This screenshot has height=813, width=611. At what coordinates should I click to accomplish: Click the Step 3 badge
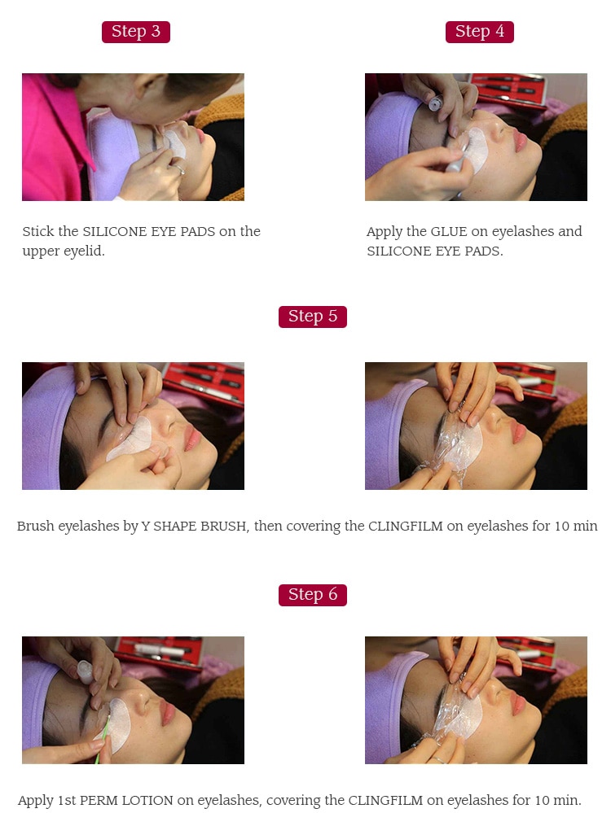pyautogui.click(x=135, y=32)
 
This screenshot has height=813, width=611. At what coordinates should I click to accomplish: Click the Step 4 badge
pyautogui.click(x=479, y=32)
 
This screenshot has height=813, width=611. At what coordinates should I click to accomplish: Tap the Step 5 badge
pyautogui.click(x=312, y=317)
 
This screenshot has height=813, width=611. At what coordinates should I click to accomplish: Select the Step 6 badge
pyautogui.click(x=312, y=595)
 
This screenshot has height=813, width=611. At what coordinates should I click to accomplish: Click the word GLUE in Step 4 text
pyautogui.click(x=449, y=231)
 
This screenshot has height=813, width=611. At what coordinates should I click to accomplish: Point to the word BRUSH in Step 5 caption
pyautogui.click(x=227, y=527)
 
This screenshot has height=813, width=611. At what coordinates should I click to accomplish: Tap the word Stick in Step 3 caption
pyautogui.click(x=38, y=231)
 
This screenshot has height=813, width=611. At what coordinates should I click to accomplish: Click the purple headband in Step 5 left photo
pyautogui.click(x=49, y=423)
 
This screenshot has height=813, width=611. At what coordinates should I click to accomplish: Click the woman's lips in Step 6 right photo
pyautogui.click(x=512, y=711)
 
